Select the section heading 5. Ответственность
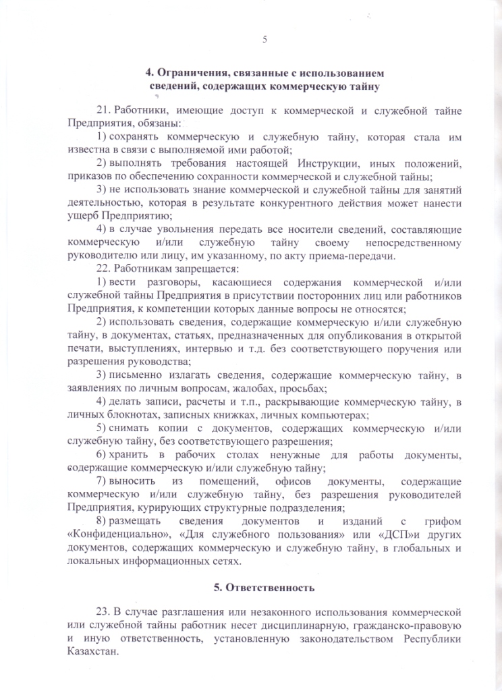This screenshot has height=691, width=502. pyautogui.click(x=264, y=587)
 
